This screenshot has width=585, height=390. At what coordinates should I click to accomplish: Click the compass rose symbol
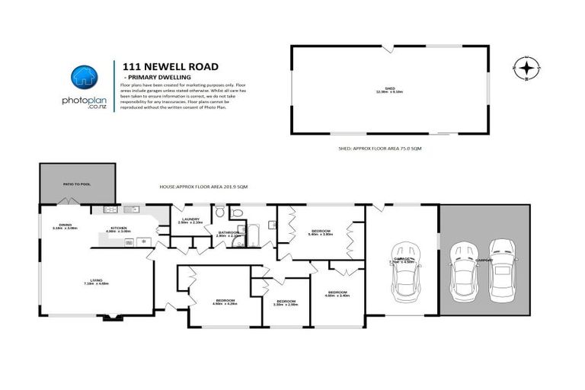(526, 68)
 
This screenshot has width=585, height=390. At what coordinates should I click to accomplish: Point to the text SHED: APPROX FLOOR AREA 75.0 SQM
(379, 149)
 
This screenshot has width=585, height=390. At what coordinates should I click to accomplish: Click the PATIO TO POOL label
(77, 184)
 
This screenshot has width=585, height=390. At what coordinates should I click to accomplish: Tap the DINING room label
(66, 226)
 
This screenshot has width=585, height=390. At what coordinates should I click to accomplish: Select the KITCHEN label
(118, 229)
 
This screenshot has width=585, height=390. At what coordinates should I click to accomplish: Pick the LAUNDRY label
(190, 221)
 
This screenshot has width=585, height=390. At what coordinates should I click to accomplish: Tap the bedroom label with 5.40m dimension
(320, 232)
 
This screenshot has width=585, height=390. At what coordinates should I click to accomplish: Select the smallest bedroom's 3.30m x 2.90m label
(286, 302)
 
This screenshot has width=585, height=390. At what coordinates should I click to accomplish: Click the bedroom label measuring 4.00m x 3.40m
(337, 293)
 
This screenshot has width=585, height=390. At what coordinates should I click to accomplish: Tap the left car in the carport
(462, 270)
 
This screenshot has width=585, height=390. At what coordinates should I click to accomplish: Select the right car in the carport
(502, 269)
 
